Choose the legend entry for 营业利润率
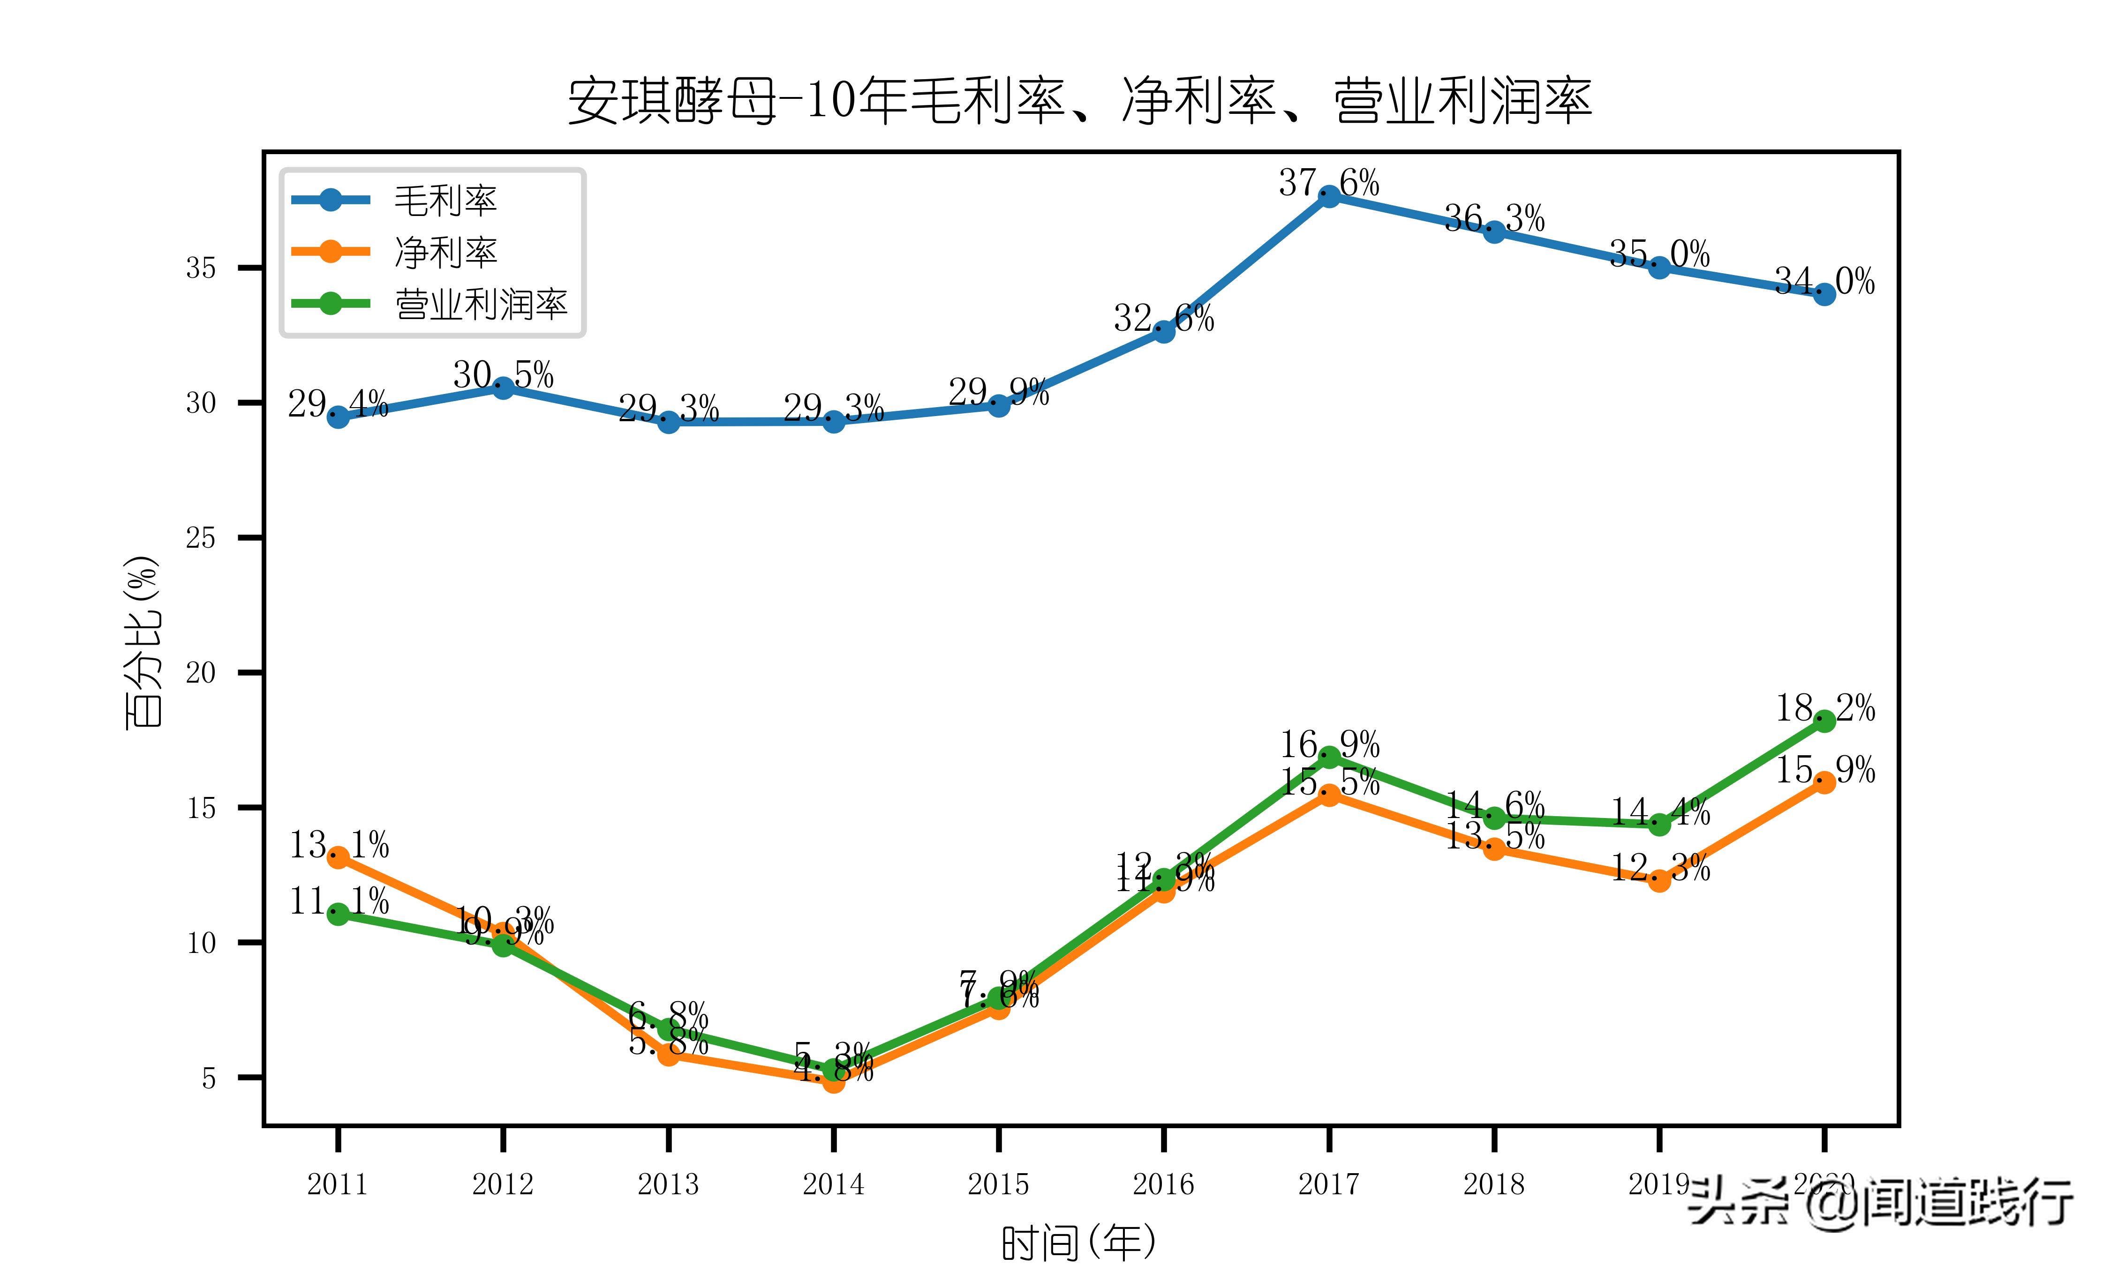coord(480,305)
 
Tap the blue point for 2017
coord(1329,196)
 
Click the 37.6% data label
coord(1329,182)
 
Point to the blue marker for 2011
coord(338,417)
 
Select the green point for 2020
coord(1824,721)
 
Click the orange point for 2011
coord(338,857)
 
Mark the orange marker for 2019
coord(1659,880)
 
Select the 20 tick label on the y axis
coord(201,673)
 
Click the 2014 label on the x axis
coord(833,1184)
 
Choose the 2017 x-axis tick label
coord(1329,1184)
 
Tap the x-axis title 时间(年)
coord(1079,1242)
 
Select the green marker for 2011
coord(338,914)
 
